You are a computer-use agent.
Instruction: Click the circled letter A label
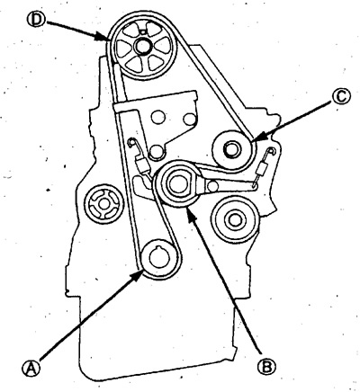(31, 369)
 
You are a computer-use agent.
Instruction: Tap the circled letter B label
(266, 366)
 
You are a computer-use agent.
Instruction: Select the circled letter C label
(342, 98)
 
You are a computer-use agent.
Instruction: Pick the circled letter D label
(37, 19)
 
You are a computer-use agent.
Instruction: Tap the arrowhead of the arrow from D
(102, 37)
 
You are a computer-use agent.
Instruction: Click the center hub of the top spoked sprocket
(140, 46)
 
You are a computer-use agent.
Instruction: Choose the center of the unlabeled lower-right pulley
(234, 219)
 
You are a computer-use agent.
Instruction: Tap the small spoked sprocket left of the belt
(103, 204)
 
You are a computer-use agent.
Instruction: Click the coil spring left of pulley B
(141, 165)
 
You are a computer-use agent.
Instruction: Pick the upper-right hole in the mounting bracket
(189, 119)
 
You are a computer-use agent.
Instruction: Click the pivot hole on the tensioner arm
(212, 186)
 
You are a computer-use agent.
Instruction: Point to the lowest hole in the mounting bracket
(157, 152)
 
